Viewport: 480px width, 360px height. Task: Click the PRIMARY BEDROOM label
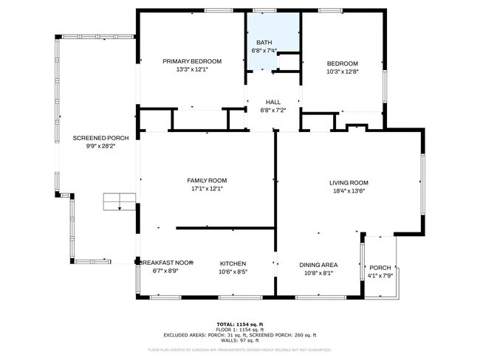pyautogui.click(x=192, y=62)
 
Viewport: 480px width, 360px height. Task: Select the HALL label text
pyautogui.click(x=272, y=102)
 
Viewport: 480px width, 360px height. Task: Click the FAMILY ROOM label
pyautogui.click(x=206, y=180)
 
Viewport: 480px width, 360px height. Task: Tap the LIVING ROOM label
pyautogui.click(x=349, y=182)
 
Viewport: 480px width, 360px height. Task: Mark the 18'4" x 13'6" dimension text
pyautogui.click(x=349, y=190)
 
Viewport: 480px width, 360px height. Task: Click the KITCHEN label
pyautogui.click(x=233, y=263)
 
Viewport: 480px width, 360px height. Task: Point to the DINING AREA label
pyautogui.click(x=318, y=264)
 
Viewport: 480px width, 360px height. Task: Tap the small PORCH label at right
pyautogui.click(x=380, y=267)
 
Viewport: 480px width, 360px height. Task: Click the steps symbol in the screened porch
pyautogui.click(x=119, y=201)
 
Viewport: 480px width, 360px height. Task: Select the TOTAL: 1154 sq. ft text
pyautogui.click(x=239, y=324)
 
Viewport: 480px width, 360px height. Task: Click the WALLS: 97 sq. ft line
pyautogui.click(x=239, y=340)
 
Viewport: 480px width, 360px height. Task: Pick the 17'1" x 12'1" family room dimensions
pyautogui.click(x=206, y=189)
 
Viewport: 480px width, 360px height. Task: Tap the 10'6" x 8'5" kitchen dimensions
pyautogui.click(x=233, y=271)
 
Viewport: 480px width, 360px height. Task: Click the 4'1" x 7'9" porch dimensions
pyautogui.click(x=381, y=276)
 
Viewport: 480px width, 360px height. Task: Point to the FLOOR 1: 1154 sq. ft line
pyautogui.click(x=239, y=329)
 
